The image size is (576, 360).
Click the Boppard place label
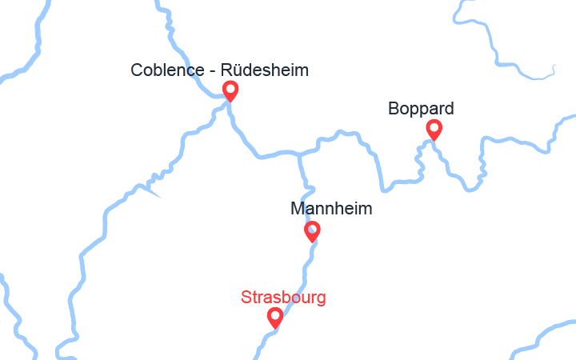[x=421, y=108]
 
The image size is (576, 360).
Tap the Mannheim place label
[x=331, y=210]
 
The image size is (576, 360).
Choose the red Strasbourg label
[x=283, y=298]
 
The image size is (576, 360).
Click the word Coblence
[x=162, y=71]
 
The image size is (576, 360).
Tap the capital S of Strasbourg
[x=246, y=298]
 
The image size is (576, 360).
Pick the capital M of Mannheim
[x=297, y=210]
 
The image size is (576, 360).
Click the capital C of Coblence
[x=137, y=71]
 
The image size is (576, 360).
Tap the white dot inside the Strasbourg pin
[x=275, y=315]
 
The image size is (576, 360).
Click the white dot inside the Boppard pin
[x=434, y=126]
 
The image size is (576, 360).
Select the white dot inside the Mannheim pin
[x=313, y=229]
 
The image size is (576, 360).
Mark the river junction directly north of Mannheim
[x=299, y=152]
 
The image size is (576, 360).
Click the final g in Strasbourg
[x=321, y=300]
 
